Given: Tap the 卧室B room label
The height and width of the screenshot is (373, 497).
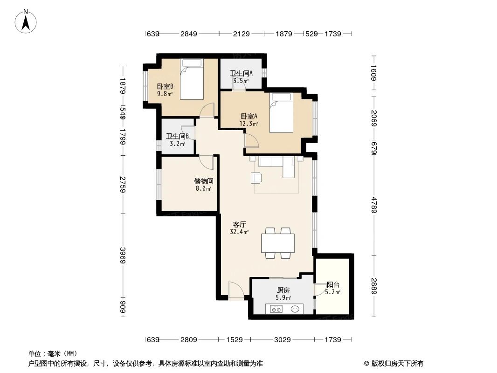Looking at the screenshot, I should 165,86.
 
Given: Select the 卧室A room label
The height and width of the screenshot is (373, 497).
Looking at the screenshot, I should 249,117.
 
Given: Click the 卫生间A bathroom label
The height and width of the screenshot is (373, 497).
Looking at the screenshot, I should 241,73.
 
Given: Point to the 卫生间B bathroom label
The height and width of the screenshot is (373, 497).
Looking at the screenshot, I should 177,137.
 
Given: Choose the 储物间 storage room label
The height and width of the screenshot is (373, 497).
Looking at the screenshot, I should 204,181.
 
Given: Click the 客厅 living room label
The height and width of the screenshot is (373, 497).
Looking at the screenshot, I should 239,224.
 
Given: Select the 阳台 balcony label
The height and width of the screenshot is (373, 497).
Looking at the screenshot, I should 333,285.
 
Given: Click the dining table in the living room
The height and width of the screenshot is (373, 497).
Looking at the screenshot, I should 278,243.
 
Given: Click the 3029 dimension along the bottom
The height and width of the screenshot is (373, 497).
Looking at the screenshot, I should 283,340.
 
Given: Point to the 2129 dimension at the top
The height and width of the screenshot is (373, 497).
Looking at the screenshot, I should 242,34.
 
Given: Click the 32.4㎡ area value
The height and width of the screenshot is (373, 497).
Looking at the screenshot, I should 239,231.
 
